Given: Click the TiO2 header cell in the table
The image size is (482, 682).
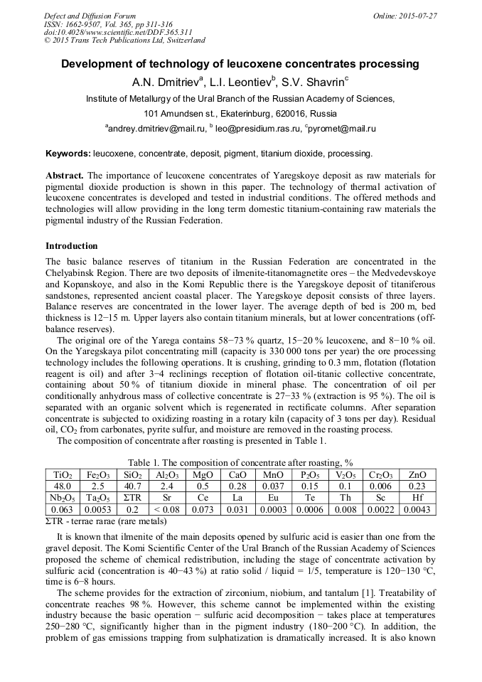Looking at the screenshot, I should (63, 474).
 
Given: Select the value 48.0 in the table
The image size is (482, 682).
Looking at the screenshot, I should (63, 486).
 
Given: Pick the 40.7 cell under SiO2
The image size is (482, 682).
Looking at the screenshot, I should (132, 486).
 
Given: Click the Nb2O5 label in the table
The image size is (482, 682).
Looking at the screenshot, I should (63, 497).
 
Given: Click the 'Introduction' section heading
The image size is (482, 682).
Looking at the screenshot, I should (71, 245).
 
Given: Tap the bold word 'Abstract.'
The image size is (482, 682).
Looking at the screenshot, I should (65, 175).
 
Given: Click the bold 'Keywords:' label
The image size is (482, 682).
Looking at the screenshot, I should (68, 153).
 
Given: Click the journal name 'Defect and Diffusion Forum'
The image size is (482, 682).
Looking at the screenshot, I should (90, 16).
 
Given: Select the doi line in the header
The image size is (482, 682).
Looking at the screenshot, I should (118, 33).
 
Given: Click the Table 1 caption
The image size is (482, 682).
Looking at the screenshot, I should (240, 462).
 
